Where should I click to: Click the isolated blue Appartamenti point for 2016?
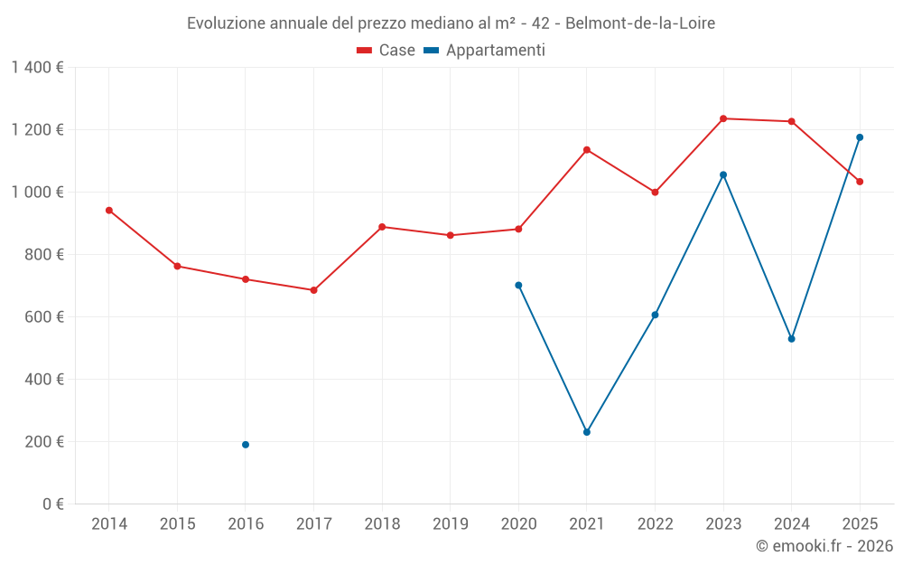tap(246, 445)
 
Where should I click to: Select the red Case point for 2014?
tap(109, 211)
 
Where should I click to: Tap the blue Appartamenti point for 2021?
tap(587, 432)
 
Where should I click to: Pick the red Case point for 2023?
tap(723, 118)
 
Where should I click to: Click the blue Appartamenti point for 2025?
tap(860, 137)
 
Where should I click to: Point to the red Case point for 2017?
tap(313, 290)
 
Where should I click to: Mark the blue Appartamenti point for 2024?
tap(792, 339)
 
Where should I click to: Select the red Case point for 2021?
tap(587, 150)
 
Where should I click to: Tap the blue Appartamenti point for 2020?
tap(518, 286)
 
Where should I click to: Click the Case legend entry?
tap(386, 51)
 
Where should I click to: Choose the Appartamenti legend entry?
tap(485, 51)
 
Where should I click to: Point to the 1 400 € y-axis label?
tap(37, 68)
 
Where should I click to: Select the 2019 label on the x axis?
tap(450, 524)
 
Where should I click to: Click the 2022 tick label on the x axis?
tap(655, 524)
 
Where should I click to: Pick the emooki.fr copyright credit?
tap(824, 546)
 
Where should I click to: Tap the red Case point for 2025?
tap(860, 182)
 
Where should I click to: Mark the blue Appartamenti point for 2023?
tap(723, 174)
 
